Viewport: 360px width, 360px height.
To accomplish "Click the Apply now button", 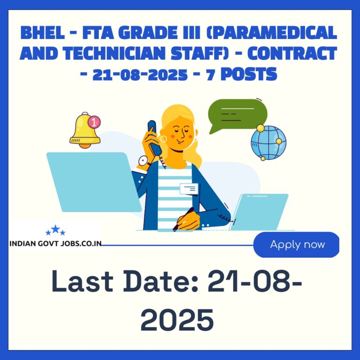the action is coord(296,245).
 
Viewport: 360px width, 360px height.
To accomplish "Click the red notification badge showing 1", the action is coord(94,122).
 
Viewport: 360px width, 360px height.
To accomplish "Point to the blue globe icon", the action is coord(269,142).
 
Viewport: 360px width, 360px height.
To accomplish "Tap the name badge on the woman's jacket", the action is coord(189,189).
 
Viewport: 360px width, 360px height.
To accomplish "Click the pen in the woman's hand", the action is coord(183,219).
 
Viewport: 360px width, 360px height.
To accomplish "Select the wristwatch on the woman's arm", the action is coord(143,161).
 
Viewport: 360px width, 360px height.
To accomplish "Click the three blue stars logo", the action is coord(56,230).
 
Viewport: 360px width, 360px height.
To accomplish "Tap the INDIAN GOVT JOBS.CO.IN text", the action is coord(56,243).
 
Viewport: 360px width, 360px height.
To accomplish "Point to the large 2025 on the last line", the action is coord(177,320).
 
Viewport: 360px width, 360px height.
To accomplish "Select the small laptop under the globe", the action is coord(259,212).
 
